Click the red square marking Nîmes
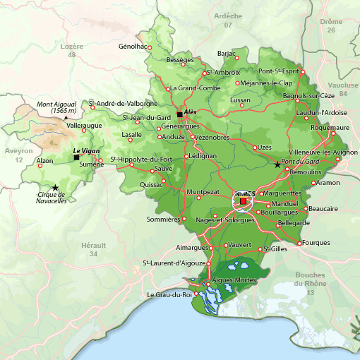click(244, 202)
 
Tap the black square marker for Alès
click(180, 114)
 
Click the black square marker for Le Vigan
click(77, 157)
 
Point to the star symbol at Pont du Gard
click(277, 164)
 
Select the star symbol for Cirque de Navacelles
click(55, 187)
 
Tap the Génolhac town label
click(132, 47)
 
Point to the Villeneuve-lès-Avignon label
click(323, 152)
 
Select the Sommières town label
click(163, 220)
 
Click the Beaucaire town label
click(323, 209)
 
